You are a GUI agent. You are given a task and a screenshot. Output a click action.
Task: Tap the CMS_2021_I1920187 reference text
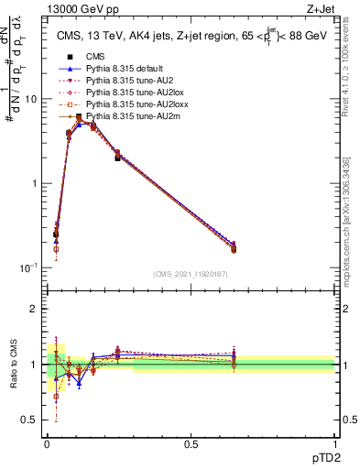click(x=191, y=274)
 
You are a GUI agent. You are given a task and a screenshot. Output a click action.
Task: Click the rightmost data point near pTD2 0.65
click(x=235, y=247)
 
